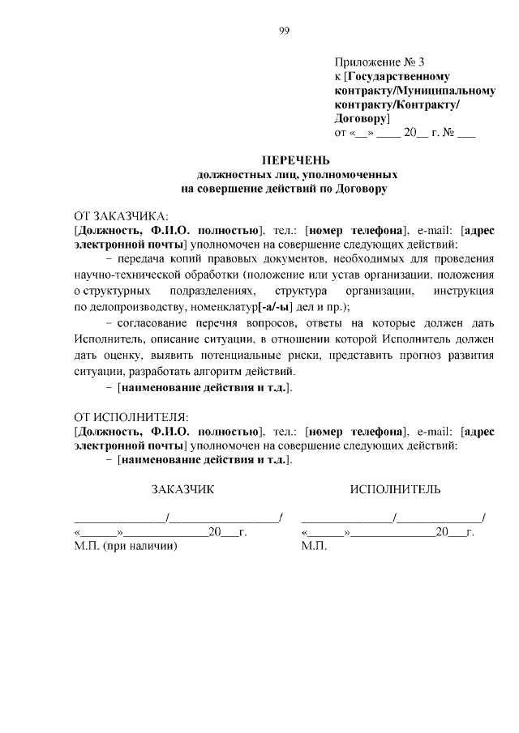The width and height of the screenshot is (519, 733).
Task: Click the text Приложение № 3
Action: (x=379, y=62)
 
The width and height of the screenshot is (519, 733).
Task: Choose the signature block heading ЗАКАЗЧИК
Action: (x=182, y=489)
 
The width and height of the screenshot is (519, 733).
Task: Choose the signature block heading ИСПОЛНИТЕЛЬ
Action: (x=395, y=489)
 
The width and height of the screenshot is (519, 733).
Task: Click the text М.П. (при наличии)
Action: (x=125, y=547)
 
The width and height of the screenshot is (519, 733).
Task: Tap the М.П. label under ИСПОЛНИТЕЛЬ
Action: (x=313, y=547)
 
